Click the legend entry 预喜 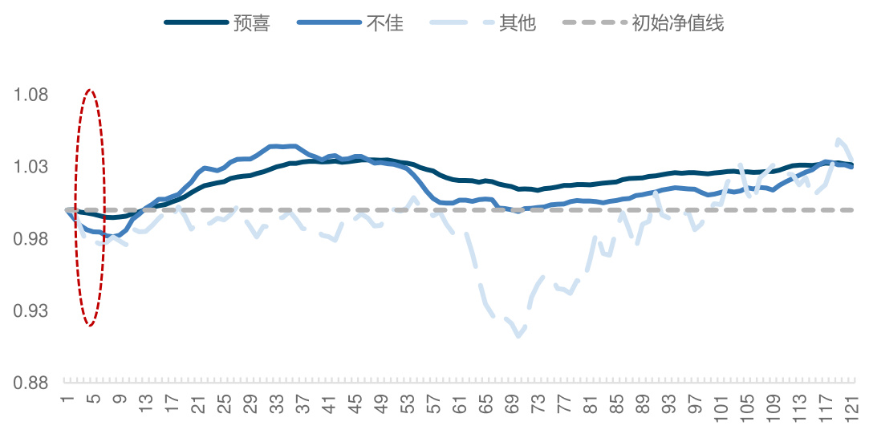251,23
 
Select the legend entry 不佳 384,23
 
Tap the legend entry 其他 517,23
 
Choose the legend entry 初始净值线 677,23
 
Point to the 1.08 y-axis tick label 31,95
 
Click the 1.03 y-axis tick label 31,167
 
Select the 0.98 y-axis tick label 31,239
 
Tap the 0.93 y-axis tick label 31,310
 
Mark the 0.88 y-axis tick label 31,383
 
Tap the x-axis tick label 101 722,409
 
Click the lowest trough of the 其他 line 519,336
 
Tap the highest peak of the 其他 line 839,140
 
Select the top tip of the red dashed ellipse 90,91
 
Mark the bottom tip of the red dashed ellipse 91,326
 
